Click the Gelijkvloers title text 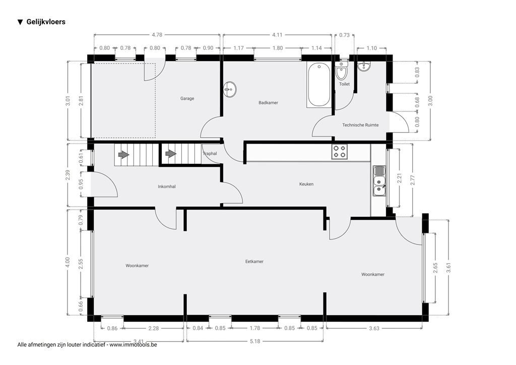[46, 22]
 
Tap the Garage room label [187, 98]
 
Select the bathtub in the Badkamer [319, 85]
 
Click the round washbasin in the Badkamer [230, 90]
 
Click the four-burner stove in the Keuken [339, 152]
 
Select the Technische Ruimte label [360, 125]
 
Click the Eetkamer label [254, 262]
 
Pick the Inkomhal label [166, 187]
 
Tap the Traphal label [210, 153]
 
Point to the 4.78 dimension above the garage [157, 35]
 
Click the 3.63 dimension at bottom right [373, 328]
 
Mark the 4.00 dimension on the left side [68, 262]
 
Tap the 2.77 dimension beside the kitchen [413, 180]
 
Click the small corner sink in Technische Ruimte [364, 67]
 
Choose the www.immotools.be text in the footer [134, 345]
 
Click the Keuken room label [306, 184]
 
